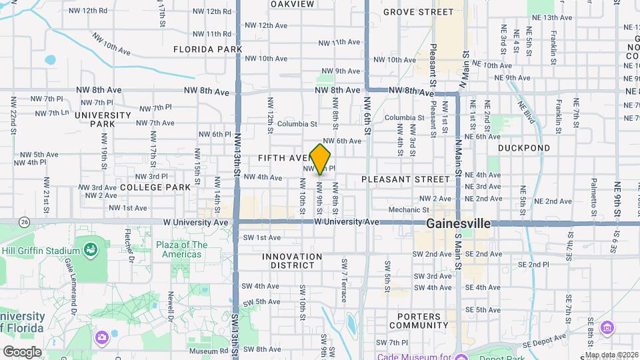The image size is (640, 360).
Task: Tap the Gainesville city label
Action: click(x=459, y=224)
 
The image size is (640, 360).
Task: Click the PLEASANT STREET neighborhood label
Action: click(x=405, y=179)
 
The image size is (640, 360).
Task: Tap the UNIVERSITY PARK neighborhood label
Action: click(x=103, y=119)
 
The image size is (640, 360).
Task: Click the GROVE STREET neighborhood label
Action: click(x=427, y=12)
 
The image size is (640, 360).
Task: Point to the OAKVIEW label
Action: click(x=292, y=4)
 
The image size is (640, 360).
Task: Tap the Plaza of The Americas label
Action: click(x=181, y=249)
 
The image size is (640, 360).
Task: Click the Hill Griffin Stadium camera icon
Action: click(x=89, y=251)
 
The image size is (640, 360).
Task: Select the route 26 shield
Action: click(x=25, y=221)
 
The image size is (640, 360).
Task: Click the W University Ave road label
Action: click(x=347, y=221)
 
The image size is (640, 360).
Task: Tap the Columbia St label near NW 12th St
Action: click(x=297, y=123)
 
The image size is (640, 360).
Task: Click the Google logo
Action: click(x=22, y=351)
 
